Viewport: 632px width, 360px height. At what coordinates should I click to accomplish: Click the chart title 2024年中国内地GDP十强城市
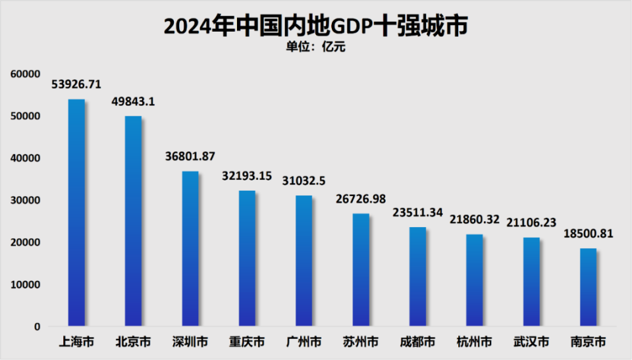[x=315, y=26]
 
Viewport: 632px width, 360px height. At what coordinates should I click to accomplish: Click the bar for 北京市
[x=133, y=221]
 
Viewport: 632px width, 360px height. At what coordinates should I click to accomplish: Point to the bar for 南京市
[x=588, y=287]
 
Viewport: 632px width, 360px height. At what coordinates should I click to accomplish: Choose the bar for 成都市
[x=417, y=276]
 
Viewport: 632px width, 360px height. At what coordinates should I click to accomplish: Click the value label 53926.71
[x=76, y=85]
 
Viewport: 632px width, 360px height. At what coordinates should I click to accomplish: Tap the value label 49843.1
[x=133, y=102]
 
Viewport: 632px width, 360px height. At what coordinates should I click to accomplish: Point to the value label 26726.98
[x=361, y=199]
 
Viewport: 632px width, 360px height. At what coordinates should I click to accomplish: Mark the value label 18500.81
[x=588, y=234]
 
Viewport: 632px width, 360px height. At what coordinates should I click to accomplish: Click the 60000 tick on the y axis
[x=25, y=74]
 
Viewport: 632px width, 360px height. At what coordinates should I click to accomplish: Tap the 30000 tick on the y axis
[x=25, y=200]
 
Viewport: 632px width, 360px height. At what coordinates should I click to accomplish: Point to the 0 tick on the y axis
[x=37, y=326]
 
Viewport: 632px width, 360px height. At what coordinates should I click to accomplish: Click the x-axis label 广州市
[x=303, y=342]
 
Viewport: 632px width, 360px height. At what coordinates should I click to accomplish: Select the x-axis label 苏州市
[x=361, y=342]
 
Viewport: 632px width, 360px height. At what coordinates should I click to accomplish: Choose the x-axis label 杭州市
[x=474, y=342]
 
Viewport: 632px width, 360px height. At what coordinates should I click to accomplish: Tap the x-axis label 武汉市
[x=531, y=342]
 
